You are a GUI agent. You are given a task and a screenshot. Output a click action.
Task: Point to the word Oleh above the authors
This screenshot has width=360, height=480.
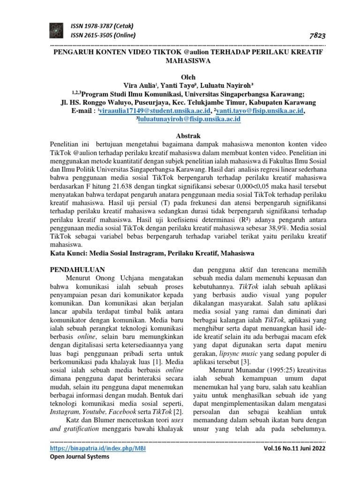pos(187,77)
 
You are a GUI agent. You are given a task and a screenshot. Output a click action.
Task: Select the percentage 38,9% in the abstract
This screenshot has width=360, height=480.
pos(279,228)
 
